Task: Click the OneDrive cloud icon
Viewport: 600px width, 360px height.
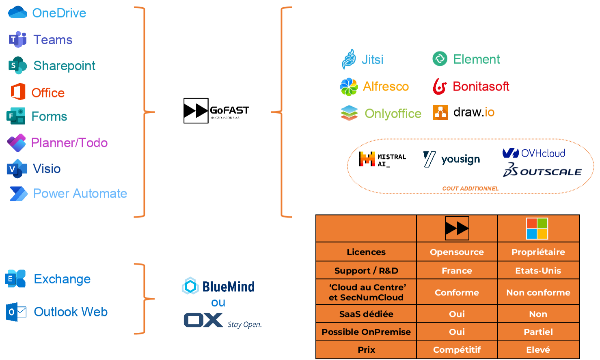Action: (x=17, y=13)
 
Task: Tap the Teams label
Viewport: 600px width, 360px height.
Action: (x=53, y=40)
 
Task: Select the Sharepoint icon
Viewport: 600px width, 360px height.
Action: (x=17, y=65)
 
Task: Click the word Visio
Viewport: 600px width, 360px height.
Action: (x=47, y=169)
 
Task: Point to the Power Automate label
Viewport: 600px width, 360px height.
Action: (x=80, y=194)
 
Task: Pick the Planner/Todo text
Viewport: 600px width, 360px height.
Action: (x=69, y=143)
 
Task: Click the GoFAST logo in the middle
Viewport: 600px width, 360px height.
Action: (x=216, y=111)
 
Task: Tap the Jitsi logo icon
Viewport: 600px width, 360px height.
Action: (x=349, y=59)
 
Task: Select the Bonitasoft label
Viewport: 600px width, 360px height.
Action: (x=481, y=86)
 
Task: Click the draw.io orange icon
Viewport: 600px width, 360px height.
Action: (x=440, y=112)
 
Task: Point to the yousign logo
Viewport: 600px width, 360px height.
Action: (x=451, y=159)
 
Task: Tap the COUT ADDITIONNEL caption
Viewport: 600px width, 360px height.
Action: (x=471, y=189)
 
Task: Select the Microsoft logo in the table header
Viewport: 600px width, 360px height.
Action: (x=537, y=229)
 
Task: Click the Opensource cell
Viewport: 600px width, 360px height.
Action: (x=457, y=252)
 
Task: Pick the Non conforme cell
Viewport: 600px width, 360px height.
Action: (x=538, y=293)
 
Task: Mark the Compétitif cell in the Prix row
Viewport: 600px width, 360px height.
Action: (x=457, y=350)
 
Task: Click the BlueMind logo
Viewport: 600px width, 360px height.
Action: (x=218, y=287)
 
